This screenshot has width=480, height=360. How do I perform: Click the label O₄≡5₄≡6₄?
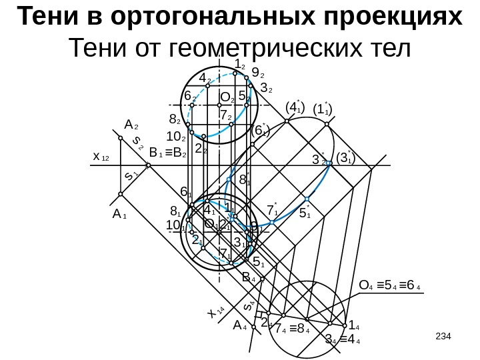[389, 287]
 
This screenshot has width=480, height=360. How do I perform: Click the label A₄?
[240, 326]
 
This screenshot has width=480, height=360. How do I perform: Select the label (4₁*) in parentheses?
[294, 107]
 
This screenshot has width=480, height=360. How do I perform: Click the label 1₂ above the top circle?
[240, 64]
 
